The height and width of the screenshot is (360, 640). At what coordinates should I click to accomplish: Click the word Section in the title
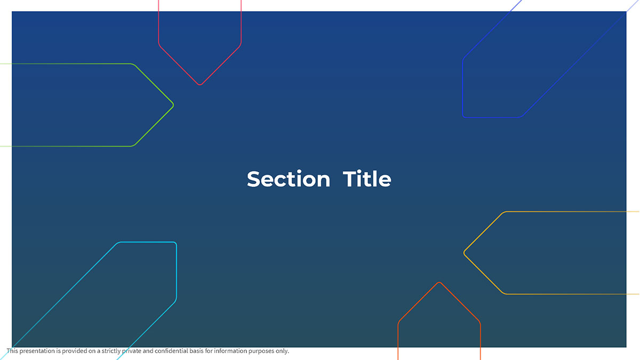pyautogui.click(x=289, y=179)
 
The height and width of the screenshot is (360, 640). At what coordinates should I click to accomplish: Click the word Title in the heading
pyautogui.click(x=367, y=179)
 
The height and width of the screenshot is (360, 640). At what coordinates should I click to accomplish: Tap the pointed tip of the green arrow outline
pyautogui.click(x=173, y=105)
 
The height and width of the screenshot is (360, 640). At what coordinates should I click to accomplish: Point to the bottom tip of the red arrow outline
pyautogui.click(x=200, y=85)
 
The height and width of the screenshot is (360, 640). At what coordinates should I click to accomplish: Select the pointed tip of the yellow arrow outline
pyautogui.click(x=465, y=253)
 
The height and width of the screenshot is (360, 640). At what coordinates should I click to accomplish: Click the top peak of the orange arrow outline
pyautogui.click(x=439, y=283)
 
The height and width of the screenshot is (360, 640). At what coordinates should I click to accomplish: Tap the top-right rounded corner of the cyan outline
pyautogui.click(x=175, y=243)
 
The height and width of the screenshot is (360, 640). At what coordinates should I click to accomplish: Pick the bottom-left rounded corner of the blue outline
pyautogui.click(x=463, y=116)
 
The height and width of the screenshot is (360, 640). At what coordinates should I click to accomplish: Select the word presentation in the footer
pyautogui.click(x=37, y=351)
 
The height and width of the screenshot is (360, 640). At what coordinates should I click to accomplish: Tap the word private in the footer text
pyautogui.click(x=132, y=351)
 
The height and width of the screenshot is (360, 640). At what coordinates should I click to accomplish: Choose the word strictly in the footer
pyautogui.click(x=111, y=351)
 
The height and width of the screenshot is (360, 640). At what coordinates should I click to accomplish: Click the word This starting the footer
pyautogui.click(x=12, y=351)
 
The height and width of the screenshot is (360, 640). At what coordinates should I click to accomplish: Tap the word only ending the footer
pyautogui.click(x=282, y=351)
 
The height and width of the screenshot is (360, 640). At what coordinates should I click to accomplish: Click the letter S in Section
pyautogui.click(x=253, y=179)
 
